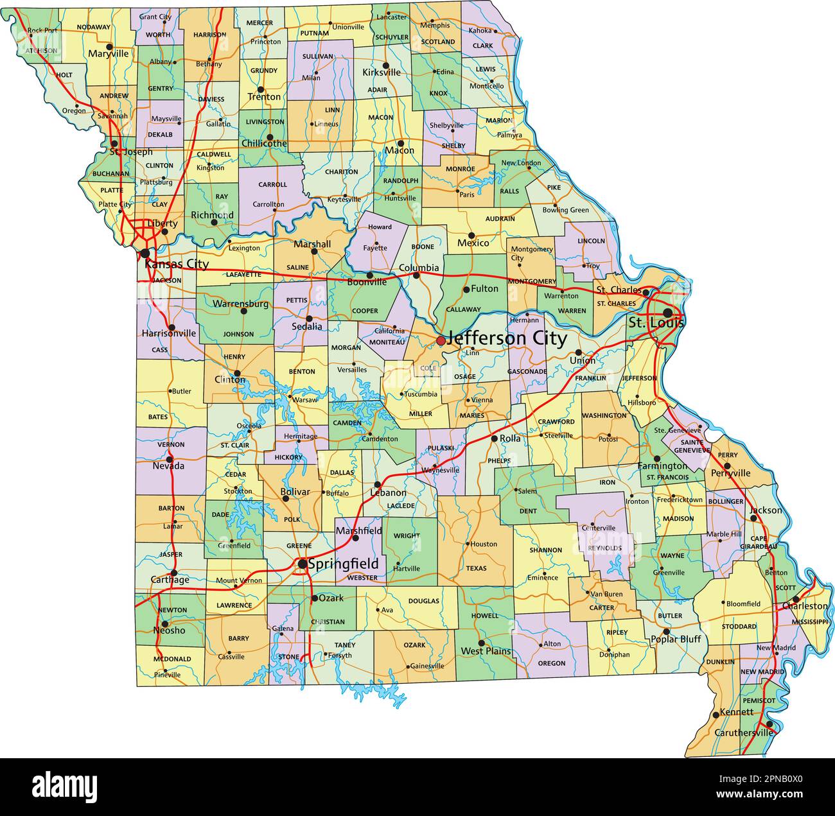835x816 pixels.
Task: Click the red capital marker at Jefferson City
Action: tap(440, 340)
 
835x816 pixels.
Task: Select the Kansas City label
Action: tap(177, 264)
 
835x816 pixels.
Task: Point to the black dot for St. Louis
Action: tap(668, 312)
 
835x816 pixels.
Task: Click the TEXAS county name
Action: tap(477, 568)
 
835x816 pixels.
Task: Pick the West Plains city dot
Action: tap(481, 642)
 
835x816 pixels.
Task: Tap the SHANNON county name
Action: tap(546, 550)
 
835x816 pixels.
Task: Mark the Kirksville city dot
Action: tap(385, 65)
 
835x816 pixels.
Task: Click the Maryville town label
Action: tap(109, 55)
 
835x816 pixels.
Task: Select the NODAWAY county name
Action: tap(93, 27)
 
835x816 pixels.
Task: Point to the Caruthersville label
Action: tap(744, 733)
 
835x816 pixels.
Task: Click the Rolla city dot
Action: tap(494, 438)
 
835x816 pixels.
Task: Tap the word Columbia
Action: tap(419, 268)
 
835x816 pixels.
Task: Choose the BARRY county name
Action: tap(238, 639)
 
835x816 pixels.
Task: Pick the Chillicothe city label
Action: tap(264, 144)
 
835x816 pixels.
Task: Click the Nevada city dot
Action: tap(170, 458)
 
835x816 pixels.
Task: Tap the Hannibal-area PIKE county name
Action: tap(554, 187)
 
